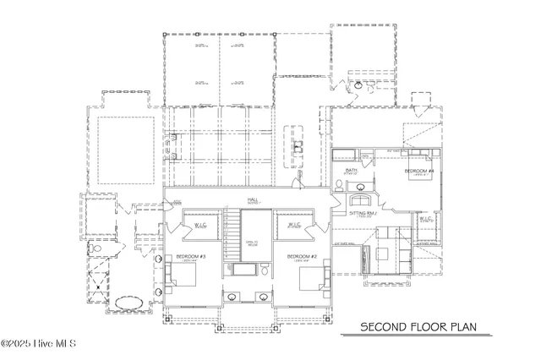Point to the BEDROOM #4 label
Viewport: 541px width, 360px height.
[x=418, y=172]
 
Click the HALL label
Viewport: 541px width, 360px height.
[x=252, y=200]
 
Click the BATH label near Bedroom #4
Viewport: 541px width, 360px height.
[x=352, y=171]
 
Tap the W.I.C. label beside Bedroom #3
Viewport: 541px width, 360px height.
[x=201, y=226]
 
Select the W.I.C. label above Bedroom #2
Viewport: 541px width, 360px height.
[x=294, y=226]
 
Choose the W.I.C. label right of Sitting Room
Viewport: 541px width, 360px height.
[x=426, y=220]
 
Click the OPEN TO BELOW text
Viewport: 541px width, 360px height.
[x=252, y=243]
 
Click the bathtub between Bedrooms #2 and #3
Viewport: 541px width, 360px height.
[x=243, y=271]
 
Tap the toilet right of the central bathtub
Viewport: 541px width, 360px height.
[x=265, y=271]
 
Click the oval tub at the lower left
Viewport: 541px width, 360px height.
[x=128, y=302]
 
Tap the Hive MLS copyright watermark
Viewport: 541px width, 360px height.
[x=39, y=344]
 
